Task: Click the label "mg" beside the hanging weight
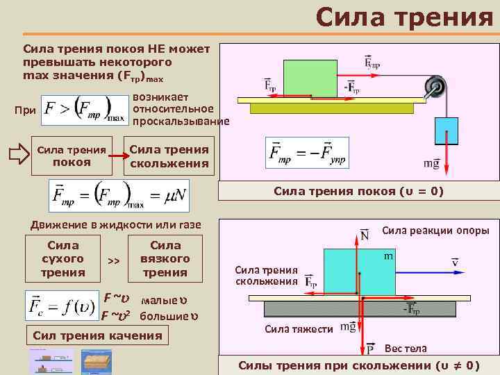431,164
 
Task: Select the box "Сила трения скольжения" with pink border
169,156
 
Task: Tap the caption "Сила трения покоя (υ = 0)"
358,191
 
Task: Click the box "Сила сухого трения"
62,258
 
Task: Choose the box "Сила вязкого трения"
165,258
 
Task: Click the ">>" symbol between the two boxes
114,260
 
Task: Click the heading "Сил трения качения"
98,336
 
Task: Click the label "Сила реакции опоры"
435,230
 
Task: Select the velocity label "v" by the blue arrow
454,262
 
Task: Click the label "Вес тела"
406,348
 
